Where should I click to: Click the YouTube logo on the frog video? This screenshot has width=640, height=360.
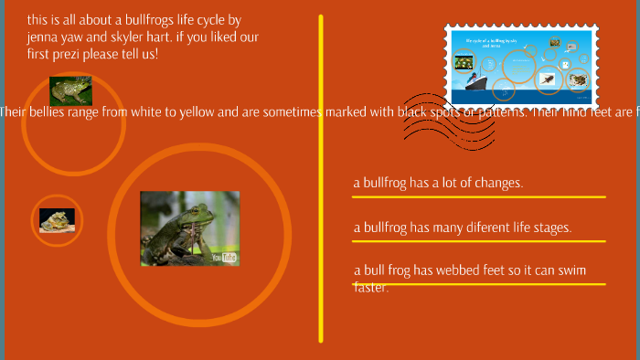point(225,258)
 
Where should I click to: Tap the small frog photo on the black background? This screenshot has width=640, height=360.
point(57,220)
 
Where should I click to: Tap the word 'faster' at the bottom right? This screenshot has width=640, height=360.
point(371,287)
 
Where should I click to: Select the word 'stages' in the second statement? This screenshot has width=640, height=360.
point(549,228)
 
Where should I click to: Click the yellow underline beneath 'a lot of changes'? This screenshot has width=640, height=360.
point(479,196)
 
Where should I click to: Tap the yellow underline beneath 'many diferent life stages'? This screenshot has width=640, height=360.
point(479,241)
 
